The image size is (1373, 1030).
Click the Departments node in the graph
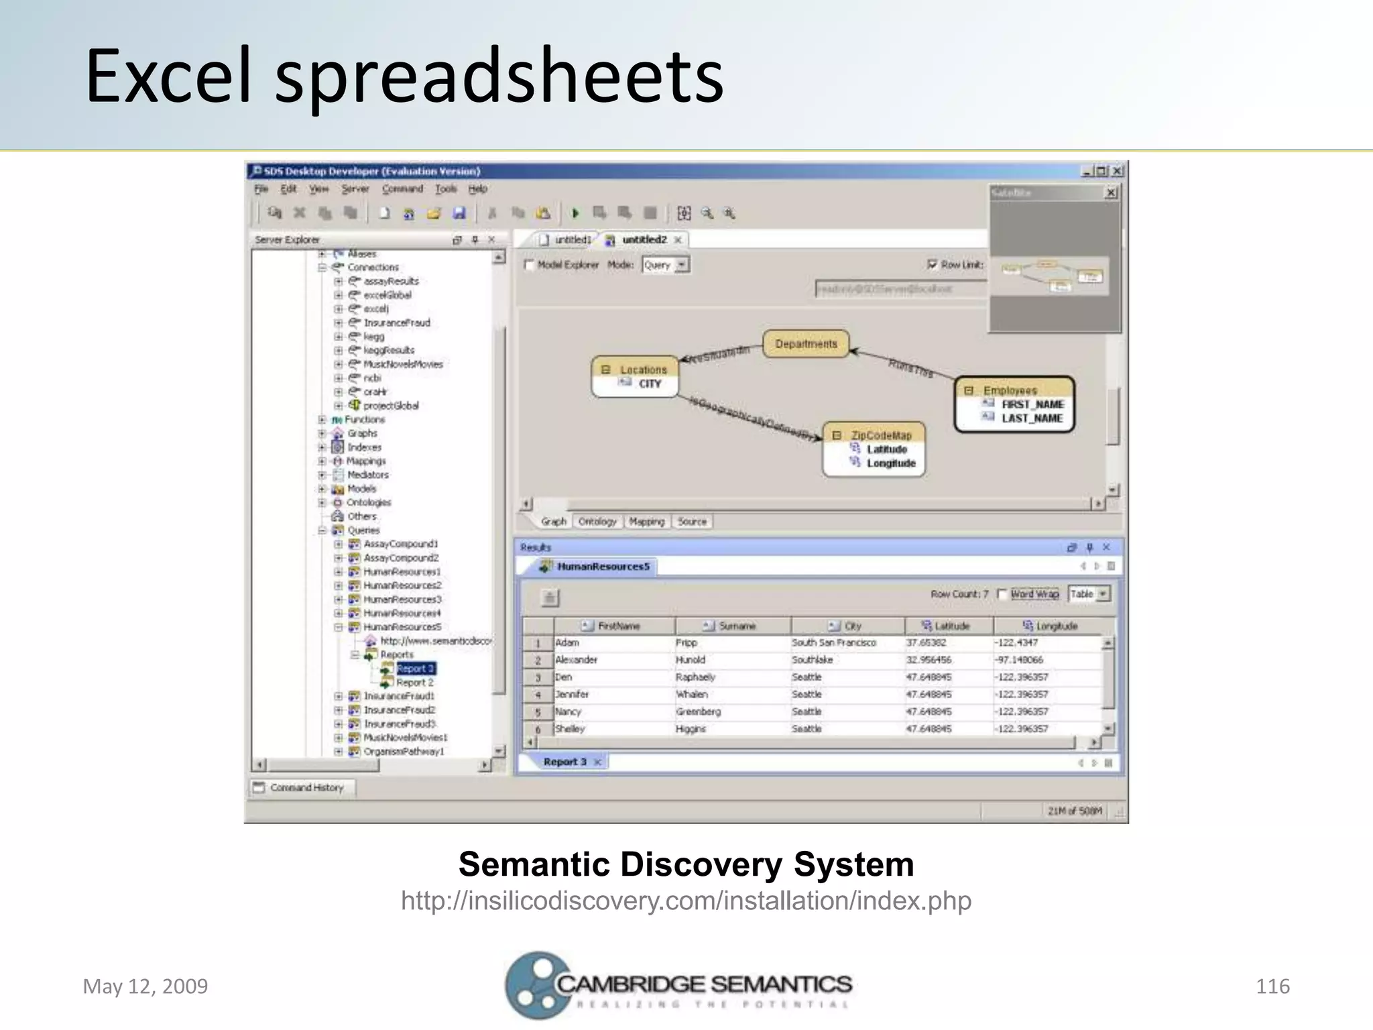coord(806,344)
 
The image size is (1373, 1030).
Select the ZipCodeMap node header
coord(880,435)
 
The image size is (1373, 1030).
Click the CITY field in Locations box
coord(649,384)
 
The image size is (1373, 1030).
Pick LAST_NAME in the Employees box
coord(1032,418)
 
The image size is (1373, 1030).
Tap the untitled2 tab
coord(644,239)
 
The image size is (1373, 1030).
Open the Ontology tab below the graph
coord(597,522)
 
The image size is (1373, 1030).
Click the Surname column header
coord(736,626)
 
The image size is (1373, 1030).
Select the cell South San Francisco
coord(833,642)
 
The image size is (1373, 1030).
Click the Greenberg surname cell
coord(698,711)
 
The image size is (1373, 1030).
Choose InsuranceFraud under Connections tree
coord(396,323)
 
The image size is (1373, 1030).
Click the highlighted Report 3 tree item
coord(415,669)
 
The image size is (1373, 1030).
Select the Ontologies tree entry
coord(368,502)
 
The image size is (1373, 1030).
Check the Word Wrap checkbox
coord(1002,594)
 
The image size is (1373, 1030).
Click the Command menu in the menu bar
coord(402,189)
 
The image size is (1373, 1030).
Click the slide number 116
coord(1272,986)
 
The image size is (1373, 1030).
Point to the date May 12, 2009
coord(145,986)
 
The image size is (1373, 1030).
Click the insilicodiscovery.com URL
coord(686,901)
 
